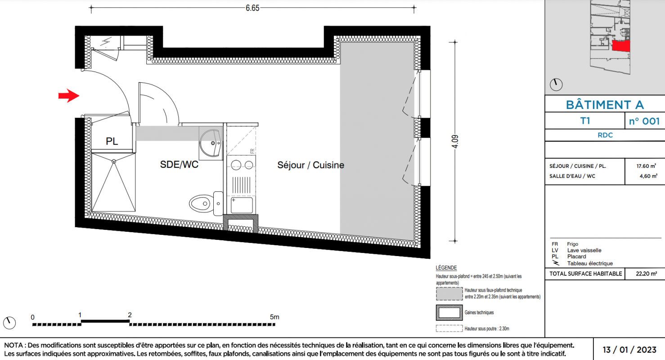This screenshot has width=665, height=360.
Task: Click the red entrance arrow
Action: coord(69,96)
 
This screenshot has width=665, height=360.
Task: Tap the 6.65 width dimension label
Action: coord(252,8)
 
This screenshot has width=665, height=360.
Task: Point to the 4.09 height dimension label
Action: coord(455,141)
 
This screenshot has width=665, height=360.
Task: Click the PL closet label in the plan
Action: coord(112,141)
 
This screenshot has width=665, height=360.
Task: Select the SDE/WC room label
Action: coord(179,165)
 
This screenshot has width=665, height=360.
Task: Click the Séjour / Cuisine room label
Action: coord(310,165)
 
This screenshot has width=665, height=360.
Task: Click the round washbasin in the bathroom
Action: coord(211,143)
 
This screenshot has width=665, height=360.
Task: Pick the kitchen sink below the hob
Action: coord(242,205)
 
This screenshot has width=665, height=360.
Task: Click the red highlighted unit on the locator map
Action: coord(621,46)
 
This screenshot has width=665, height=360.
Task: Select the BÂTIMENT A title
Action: coord(605,105)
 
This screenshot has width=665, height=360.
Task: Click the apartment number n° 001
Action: coord(644,121)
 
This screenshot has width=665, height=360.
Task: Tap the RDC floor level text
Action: coord(605,135)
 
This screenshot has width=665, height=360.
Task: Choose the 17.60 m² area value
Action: coord(646,166)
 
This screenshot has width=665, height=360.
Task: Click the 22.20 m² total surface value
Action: coord(646,274)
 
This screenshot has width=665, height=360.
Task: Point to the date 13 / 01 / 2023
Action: coord(629,350)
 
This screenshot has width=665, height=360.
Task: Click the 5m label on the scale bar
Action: coord(274,317)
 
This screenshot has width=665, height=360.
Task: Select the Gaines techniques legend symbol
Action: coord(449,312)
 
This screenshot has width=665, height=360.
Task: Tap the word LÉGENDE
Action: coord(446,268)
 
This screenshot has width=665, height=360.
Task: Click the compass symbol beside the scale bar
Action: coord(9,323)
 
